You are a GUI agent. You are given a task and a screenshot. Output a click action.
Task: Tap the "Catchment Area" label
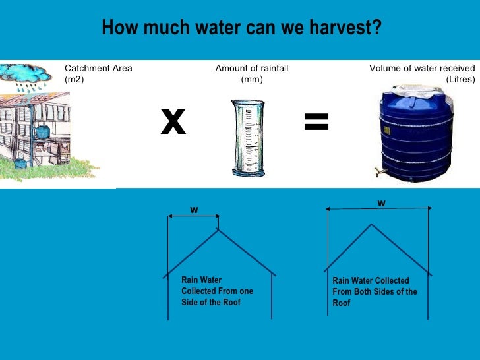[x=98, y=68]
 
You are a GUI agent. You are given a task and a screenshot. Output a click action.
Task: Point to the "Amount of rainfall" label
[x=252, y=68]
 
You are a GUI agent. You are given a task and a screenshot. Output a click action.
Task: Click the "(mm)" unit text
[x=252, y=79]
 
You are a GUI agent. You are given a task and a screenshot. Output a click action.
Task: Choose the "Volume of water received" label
[x=422, y=68]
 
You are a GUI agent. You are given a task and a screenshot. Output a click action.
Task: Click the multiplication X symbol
[x=173, y=122]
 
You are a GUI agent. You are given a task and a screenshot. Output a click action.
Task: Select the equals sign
[x=316, y=121]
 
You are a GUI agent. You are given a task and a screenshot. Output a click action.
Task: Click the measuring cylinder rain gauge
[x=247, y=138]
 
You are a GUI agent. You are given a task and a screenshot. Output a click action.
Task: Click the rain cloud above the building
[x=26, y=73]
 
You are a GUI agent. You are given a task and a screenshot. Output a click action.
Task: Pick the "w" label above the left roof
[x=194, y=210]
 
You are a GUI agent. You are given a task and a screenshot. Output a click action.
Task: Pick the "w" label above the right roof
[x=381, y=203]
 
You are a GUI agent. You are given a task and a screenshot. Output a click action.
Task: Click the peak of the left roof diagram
[x=218, y=229]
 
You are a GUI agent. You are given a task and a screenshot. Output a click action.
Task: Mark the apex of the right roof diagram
[x=371, y=224]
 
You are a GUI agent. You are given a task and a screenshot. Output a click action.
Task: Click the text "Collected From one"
[x=217, y=291]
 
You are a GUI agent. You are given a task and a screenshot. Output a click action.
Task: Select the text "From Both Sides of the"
[x=375, y=291]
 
